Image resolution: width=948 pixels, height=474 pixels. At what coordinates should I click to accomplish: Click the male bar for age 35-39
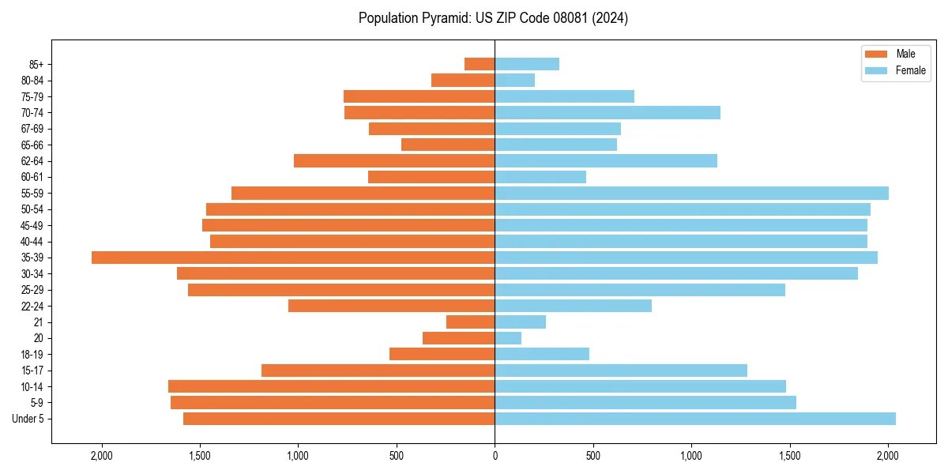[292, 258]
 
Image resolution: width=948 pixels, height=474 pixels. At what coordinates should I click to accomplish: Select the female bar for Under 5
[695, 419]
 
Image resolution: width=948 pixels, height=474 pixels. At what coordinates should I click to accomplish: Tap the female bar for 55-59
[691, 193]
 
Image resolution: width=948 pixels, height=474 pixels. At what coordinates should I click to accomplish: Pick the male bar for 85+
[480, 64]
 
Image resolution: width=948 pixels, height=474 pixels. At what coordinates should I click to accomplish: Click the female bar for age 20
[508, 338]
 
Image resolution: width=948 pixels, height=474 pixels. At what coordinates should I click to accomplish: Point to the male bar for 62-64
[394, 161]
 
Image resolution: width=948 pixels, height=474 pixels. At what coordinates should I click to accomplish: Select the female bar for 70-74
[608, 112]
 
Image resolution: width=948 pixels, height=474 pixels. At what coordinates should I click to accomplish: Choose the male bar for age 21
[471, 322]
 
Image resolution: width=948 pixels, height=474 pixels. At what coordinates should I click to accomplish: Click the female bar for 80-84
[515, 80]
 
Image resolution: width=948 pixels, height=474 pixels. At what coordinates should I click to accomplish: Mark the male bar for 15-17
[378, 371]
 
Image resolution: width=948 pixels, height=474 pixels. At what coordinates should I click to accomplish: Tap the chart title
[493, 18]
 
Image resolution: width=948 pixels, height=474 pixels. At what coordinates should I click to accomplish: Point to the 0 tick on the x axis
[495, 455]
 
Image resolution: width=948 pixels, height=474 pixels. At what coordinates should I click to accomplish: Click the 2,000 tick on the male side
[102, 455]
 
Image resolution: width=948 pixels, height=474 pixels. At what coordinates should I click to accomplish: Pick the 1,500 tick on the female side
[789, 455]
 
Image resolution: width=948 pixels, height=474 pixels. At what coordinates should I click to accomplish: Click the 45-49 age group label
[32, 225]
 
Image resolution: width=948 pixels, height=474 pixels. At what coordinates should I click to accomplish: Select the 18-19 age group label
[32, 355]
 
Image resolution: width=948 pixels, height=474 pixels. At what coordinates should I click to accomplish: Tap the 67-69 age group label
[32, 129]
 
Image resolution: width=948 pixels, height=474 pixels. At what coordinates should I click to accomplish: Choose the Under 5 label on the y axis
[28, 419]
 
